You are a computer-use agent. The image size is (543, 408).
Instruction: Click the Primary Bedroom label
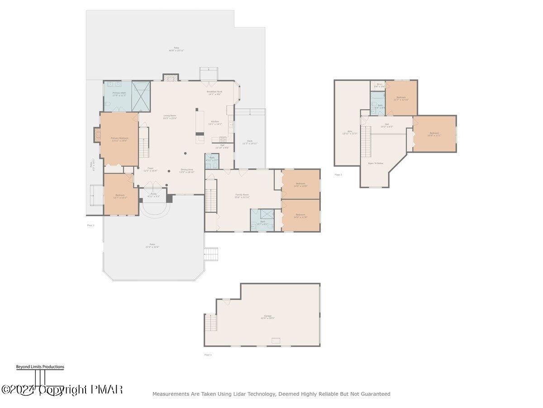pos(119,138)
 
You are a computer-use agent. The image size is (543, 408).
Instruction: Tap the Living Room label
pos(170,116)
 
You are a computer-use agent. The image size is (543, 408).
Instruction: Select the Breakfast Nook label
pos(214,92)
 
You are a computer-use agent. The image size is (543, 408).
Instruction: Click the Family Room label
pos(242,195)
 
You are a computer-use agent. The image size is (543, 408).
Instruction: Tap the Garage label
pos(268,316)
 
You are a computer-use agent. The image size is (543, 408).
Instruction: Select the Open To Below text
pos(376,163)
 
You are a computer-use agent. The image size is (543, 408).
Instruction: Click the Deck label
pos(249,141)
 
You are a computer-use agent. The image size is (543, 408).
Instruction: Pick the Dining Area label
pos(187,170)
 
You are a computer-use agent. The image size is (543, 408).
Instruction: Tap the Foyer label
pos(150,168)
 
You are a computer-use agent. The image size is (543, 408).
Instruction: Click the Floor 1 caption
pos(208,355)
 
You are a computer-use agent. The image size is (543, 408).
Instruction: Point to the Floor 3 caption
pos(338,175)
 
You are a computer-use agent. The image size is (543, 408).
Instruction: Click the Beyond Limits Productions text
pos(40,367)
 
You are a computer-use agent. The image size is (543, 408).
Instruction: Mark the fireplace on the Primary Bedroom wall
pos(97,135)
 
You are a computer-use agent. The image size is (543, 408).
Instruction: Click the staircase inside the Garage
pos(211,323)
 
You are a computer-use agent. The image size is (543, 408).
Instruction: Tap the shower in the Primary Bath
pos(140,96)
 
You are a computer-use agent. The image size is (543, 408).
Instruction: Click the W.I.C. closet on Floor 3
pos(378,85)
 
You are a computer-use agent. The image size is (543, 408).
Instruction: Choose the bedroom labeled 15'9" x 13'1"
pos(434,134)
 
